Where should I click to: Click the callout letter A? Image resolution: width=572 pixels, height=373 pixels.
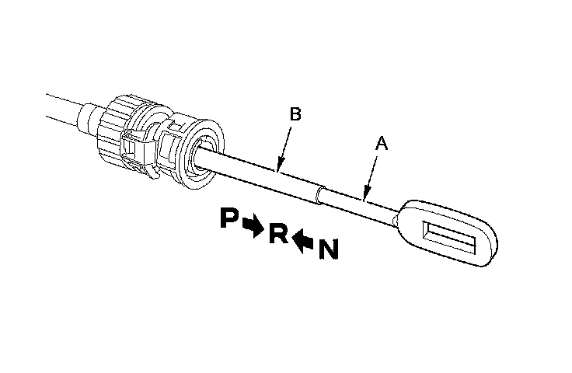[381, 144]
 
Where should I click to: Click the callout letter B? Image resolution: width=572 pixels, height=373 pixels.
[295, 114]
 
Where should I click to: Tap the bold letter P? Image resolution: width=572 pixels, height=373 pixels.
[229, 219]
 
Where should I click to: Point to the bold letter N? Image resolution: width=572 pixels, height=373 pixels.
[328, 249]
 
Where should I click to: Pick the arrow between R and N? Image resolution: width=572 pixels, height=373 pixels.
[303, 241]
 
